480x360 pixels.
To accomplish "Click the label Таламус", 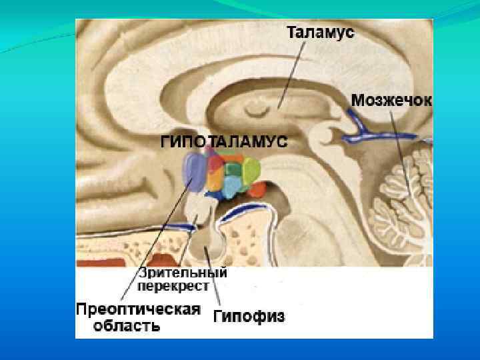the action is tap(321, 32).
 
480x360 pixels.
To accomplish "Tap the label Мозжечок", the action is tap(391, 100).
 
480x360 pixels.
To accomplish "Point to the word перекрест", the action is tap(173, 287).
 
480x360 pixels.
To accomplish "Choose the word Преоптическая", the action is tap(138, 310).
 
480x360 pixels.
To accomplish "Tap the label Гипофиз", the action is tap(249, 317).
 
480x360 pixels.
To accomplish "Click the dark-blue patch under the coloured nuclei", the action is tap(217, 195).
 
